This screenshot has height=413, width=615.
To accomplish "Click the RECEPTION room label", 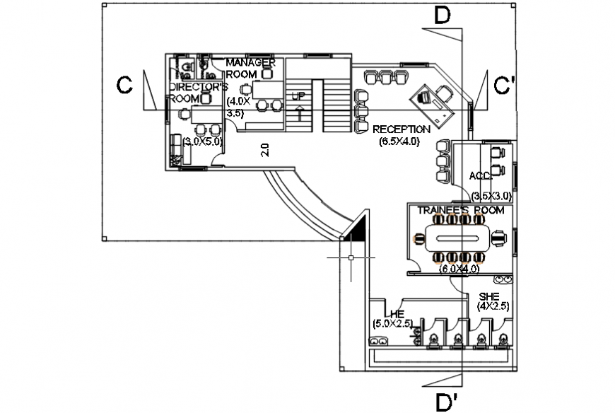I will click(401, 129).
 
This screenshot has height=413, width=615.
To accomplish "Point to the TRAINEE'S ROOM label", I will click(460, 211).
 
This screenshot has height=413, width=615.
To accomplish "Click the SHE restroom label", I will click(489, 296).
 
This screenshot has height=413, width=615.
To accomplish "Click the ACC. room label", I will click(479, 175).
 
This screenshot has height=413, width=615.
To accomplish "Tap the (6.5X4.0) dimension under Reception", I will click(399, 141).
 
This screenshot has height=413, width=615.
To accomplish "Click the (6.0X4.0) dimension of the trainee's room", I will click(459, 269).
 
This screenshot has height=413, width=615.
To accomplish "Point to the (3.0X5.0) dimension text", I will click(203, 141).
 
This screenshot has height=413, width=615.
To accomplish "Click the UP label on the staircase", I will click(299, 95).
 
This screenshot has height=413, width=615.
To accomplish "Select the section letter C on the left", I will click(125, 86).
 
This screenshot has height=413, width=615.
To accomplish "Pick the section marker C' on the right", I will click(504, 86).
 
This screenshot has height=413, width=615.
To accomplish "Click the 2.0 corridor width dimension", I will click(264, 150).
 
